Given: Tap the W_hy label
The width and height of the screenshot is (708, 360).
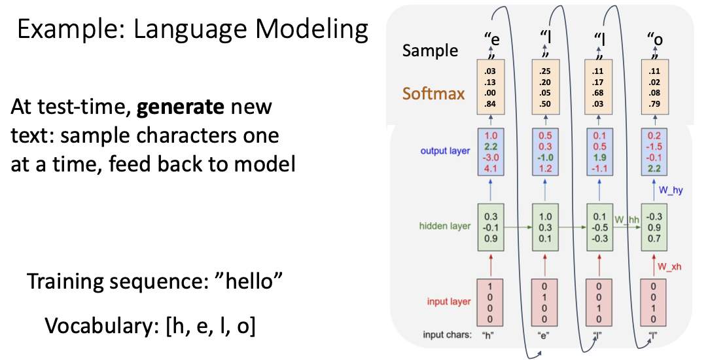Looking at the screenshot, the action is tap(671, 190).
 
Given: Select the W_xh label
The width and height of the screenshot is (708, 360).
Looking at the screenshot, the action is tap(669, 267).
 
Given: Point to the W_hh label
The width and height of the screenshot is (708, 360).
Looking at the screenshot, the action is tap(627, 220).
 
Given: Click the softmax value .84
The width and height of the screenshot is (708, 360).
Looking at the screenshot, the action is tap(490, 104).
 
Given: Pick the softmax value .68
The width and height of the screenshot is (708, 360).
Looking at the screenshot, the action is tap(599, 93).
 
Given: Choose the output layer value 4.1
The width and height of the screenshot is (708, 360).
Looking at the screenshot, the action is tap(490, 169).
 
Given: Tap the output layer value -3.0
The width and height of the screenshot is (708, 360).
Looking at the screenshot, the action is tap(490, 158).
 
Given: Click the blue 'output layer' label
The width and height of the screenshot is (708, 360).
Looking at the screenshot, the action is tap(445, 151).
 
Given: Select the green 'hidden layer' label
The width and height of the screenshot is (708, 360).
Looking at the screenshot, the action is tap(445, 226).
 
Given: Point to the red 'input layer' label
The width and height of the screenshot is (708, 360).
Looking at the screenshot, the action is tap(449, 301).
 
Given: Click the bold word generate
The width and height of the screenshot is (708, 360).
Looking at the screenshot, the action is tap(181, 107).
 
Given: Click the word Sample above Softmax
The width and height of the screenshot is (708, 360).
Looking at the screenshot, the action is tap(431, 50).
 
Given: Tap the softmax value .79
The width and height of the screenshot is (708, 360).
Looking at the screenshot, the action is tap(654, 104).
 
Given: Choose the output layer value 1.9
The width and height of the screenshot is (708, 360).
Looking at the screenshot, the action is tap(599, 158).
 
